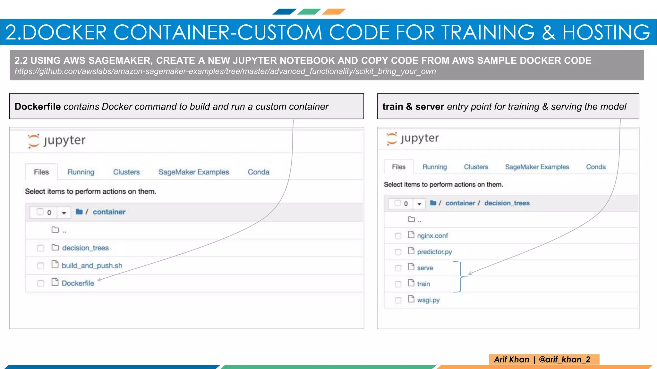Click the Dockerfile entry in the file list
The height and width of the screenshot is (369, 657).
pyautogui.click(x=78, y=283)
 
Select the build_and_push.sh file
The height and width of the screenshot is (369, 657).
pyautogui.click(x=92, y=266)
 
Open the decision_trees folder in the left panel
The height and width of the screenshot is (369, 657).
pyautogui.click(x=85, y=248)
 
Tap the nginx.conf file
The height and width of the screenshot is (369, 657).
pyautogui.click(x=432, y=236)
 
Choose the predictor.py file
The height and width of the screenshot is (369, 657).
pyautogui.click(x=434, y=252)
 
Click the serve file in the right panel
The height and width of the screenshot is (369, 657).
pyautogui.click(x=425, y=268)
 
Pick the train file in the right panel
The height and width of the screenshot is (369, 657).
pyautogui.click(x=423, y=284)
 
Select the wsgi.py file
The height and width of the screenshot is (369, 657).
pyautogui.click(x=428, y=300)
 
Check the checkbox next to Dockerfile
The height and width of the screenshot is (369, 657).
pyautogui.click(x=40, y=283)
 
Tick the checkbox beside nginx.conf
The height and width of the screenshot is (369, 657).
pyautogui.click(x=398, y=236)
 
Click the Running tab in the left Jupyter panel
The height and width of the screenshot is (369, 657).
pyautogui.click(x=81, y=172)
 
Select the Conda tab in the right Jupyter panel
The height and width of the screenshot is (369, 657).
pyautogui.click(x=596, y=167)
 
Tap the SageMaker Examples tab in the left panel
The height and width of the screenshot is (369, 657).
pyautogui.click(x=193, y=172)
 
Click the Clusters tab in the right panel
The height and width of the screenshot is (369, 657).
pyautogui.click(x=476, y=167)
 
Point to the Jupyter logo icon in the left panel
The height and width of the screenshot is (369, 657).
pyautogui.click(x=33, y=141)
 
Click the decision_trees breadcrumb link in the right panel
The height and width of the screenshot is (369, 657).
pyautogui.click(x=507, y=203)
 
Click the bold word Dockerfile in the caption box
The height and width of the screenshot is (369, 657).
pyautogui.click(x=38, y=106)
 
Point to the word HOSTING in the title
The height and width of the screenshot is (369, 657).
pyautogui.click(x=606, y=32)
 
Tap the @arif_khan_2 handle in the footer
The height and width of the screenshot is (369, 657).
pyautogui.click(x=564, y=359)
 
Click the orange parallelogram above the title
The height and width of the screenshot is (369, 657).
pyautogui.click(x=334, y=12)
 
